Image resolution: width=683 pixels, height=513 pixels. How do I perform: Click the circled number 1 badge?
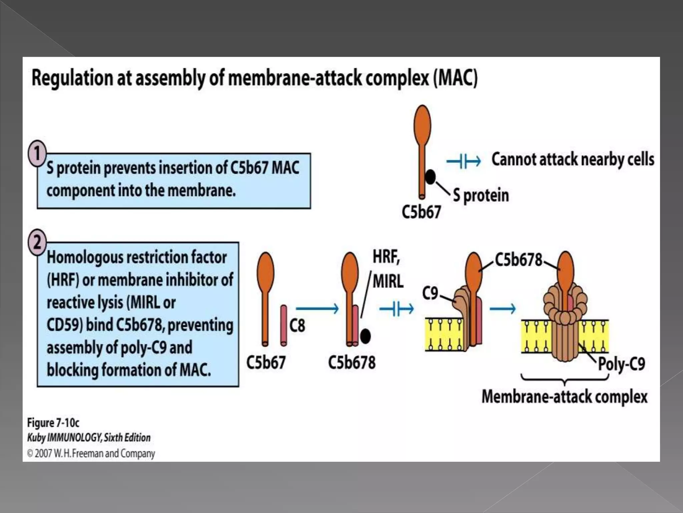pos(37,153)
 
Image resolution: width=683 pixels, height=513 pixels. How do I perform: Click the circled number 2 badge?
pos(37,242)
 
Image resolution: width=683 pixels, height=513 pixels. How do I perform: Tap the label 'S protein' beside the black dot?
pos(481,195)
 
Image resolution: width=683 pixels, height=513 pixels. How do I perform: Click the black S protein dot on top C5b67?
pos(431,177)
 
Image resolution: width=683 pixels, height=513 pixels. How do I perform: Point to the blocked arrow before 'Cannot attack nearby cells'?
pos(464,162)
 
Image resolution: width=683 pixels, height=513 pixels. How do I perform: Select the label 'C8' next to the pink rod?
pos(297,326)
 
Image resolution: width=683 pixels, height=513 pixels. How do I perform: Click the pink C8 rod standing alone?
pos(283,325)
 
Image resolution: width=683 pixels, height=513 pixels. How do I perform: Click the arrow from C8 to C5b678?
pos(317,309)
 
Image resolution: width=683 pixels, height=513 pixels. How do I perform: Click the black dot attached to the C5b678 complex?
pos(366,336)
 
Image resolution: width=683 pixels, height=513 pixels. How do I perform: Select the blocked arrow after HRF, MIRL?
pos(397,309)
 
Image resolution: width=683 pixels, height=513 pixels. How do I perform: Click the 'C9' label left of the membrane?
pos(430,293)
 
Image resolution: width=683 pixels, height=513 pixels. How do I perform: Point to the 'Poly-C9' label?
pos(621,363)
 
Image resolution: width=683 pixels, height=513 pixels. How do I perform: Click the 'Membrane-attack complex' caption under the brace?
pos(564,397)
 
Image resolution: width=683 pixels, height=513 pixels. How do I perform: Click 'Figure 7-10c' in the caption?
pos(53,423)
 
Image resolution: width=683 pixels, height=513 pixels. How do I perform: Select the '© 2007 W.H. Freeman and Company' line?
pos(91,454)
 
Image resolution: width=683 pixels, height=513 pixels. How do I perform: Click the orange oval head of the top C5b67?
pos(422,124)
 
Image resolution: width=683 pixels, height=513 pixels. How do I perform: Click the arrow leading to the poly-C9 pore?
pos(502,309)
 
